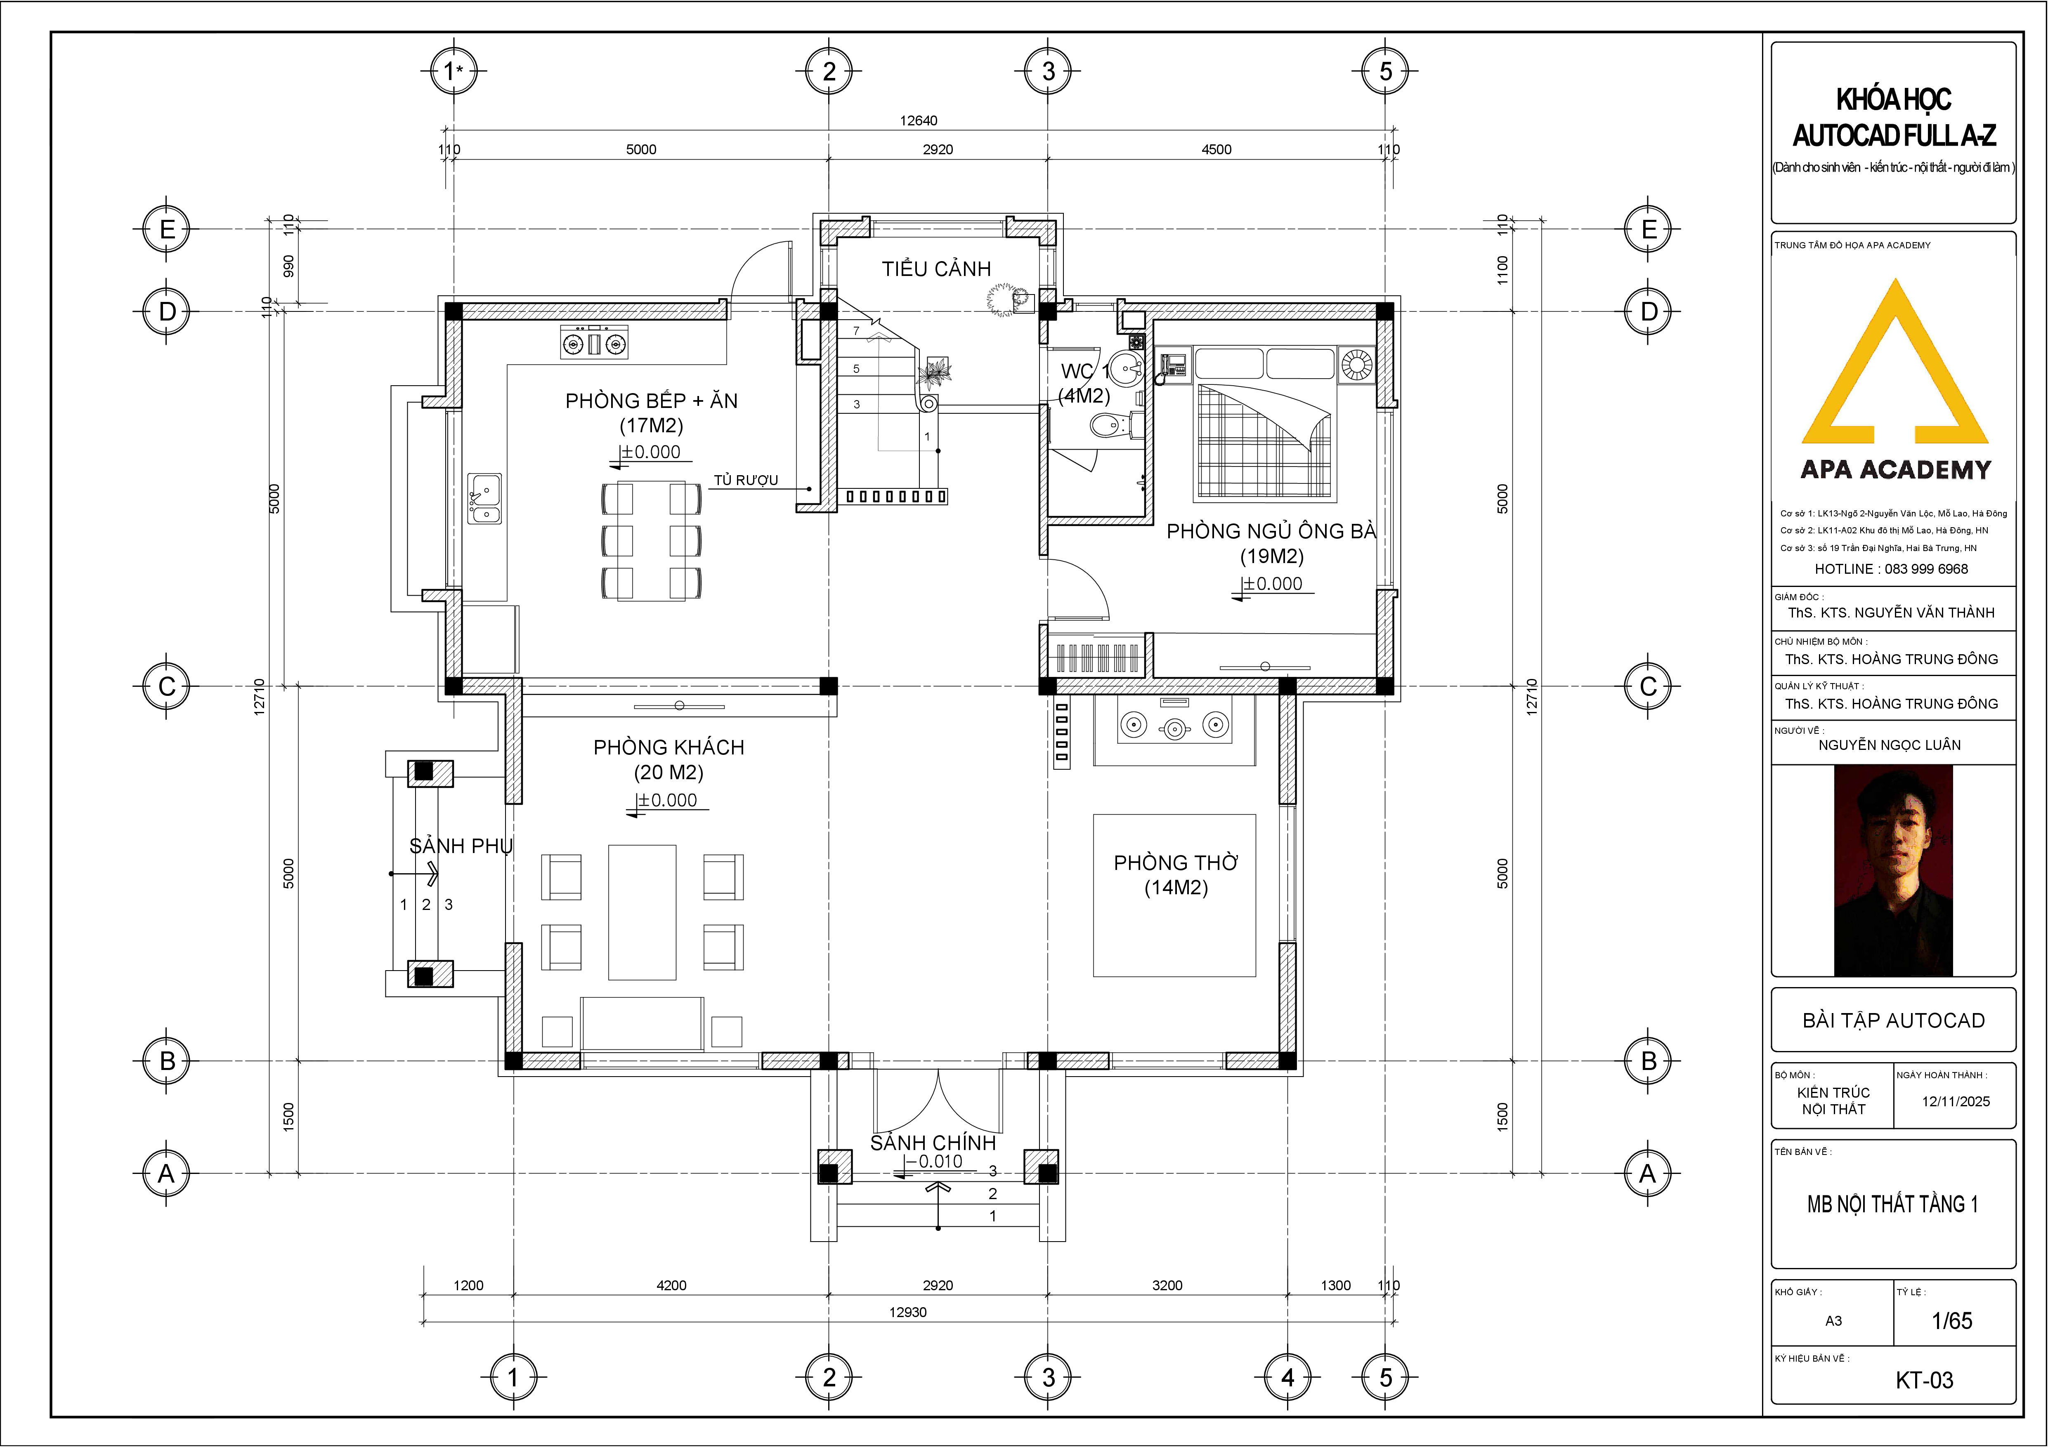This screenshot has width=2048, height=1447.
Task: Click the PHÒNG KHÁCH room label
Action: point(669,747)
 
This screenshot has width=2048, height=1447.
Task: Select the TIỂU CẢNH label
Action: point(937,269)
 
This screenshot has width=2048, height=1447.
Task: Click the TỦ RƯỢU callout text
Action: point(746,480)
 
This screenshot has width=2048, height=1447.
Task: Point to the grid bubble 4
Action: point(1287,1377)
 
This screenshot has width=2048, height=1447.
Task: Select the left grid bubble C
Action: point(167,686)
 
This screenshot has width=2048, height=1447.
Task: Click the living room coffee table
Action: point(642,912)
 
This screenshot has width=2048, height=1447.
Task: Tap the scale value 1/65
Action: point(1952,1320)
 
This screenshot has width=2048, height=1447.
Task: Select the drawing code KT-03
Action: point(1924,1380)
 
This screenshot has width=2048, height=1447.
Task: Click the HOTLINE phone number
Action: point(1927,569)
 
